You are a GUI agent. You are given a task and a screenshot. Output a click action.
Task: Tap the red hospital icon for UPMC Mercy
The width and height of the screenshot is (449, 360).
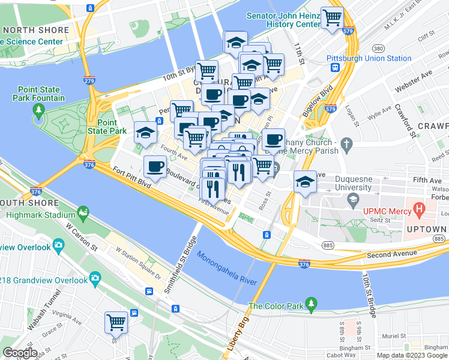pos(419,211)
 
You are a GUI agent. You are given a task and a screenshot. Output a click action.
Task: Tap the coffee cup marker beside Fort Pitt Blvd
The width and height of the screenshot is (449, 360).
pos(155,166)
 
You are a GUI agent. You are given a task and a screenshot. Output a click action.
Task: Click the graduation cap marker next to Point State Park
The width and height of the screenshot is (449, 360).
pos(145,133)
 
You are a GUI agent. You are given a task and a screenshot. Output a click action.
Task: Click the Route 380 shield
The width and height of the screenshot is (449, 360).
pos(378,48)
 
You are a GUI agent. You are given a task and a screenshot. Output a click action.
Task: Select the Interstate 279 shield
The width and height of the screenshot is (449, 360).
pos(89,80)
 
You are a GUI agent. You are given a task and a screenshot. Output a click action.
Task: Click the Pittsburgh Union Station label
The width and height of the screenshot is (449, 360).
pos(369,58)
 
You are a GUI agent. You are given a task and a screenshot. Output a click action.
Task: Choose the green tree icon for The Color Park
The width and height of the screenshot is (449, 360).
pos(311,305)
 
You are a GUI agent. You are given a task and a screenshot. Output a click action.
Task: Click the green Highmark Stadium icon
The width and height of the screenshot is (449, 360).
pos(82,212)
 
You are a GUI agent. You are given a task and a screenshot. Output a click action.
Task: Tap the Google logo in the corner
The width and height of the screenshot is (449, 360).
pos(20,353)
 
